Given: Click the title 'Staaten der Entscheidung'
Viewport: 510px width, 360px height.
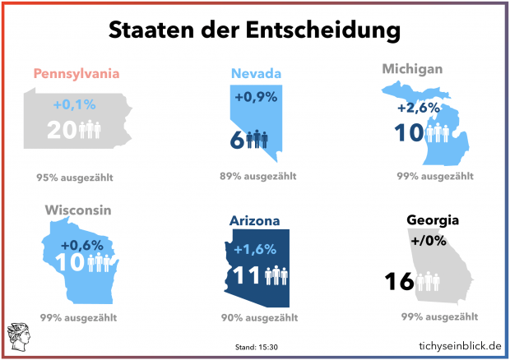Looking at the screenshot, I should click(255, 30).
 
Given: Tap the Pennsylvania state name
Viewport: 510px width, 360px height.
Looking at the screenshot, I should click(76, 74).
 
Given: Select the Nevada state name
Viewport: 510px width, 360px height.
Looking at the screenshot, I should click(256, 74).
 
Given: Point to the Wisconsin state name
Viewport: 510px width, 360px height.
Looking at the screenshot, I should click(78, 210).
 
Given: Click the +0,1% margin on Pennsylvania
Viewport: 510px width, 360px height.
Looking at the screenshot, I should click(75, 105).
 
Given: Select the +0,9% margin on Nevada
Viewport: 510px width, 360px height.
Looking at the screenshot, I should click(255, 97).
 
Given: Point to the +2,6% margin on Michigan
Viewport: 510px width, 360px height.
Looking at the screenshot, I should click(418, 108).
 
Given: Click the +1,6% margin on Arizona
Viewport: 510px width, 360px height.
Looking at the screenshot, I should click(255, 250).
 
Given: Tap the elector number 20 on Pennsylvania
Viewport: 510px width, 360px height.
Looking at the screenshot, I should click(63, 130).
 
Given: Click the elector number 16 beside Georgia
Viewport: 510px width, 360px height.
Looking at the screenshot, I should click(399, 282).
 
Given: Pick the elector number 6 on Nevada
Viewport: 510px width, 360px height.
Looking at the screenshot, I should click(235, 140).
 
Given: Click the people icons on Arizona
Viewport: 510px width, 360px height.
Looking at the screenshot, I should click(275, 275).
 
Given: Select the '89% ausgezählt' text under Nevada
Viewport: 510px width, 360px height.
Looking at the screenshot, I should click(258, 176).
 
